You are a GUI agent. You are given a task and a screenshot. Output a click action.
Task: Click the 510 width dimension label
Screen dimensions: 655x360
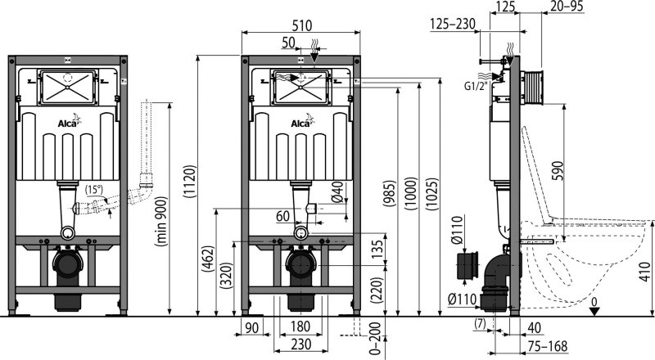pos(301,25)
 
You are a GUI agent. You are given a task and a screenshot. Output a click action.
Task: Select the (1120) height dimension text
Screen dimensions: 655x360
pos(190,182)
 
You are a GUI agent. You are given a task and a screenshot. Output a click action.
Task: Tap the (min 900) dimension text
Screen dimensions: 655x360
pos(160,222)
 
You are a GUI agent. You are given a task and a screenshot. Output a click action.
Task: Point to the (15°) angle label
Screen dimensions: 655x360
pos(94,189)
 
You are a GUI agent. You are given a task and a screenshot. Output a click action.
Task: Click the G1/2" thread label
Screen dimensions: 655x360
pos(476,86)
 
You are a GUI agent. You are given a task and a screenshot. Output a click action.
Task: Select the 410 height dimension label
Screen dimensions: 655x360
pos(645,272)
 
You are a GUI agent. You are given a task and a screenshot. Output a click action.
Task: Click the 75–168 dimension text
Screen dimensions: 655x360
pos(547,346)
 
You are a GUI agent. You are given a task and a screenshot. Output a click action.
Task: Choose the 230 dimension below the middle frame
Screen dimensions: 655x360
pos(300,344)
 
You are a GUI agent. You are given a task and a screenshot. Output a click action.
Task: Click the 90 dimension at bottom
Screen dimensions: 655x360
pos(252,327)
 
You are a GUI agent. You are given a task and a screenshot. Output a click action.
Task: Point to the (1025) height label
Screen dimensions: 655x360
pos(432,195)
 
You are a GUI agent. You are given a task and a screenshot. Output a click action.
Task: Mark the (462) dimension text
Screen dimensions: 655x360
pos(209,259)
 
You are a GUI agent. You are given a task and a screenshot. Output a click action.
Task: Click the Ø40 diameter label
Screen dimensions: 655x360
pos(338,191)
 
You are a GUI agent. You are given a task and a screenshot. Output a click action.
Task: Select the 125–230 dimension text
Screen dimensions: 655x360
pos(453,24)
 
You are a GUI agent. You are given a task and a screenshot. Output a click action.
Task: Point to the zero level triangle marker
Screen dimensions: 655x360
pos(594,311)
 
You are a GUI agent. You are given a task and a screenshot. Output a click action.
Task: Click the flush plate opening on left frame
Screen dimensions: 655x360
pos(68,88)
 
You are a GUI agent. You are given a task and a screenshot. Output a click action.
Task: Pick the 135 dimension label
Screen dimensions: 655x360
pos(377,250)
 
